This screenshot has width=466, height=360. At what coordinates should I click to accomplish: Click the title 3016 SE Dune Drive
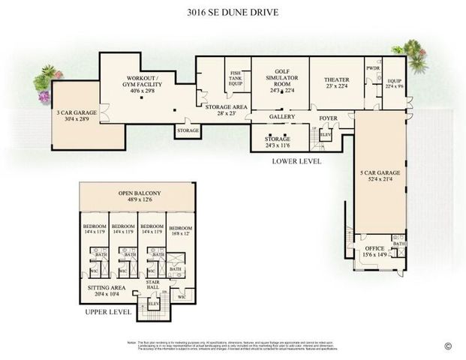[233, 13]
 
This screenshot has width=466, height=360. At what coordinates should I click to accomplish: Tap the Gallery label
[283, 118]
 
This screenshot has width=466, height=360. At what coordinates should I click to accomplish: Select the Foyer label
[328, 118]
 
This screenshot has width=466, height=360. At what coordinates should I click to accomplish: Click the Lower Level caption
[298, 161]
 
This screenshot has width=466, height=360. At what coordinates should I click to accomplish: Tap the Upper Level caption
[107, 311]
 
